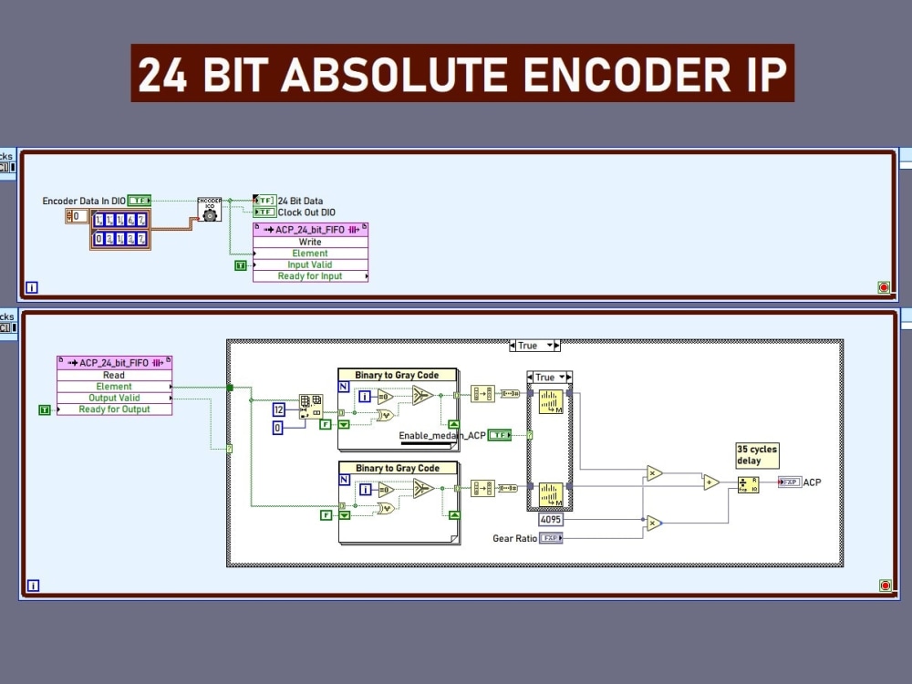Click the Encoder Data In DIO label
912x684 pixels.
coord(84,201)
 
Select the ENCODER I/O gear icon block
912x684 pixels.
coord(210,209)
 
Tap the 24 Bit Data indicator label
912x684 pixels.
coord(300,201)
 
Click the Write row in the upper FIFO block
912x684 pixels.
coord(310,242)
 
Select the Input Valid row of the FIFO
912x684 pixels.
coord(310,264)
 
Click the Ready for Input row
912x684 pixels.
coord(310,276)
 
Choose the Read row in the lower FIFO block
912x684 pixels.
coord(114,375)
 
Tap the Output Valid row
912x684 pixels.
coord(114,398)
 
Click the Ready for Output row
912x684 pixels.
coord(114,409)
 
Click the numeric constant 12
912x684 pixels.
coord(279,410)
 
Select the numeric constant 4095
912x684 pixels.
coord(551,519)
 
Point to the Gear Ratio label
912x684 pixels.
coord(514,539)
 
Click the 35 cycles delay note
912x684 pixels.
coord(757,455)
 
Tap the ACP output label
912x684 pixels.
coord(812,482)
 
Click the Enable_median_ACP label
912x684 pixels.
coord(441,436)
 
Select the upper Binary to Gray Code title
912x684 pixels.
coord(397,375)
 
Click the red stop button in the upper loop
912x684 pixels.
coord(883,287)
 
